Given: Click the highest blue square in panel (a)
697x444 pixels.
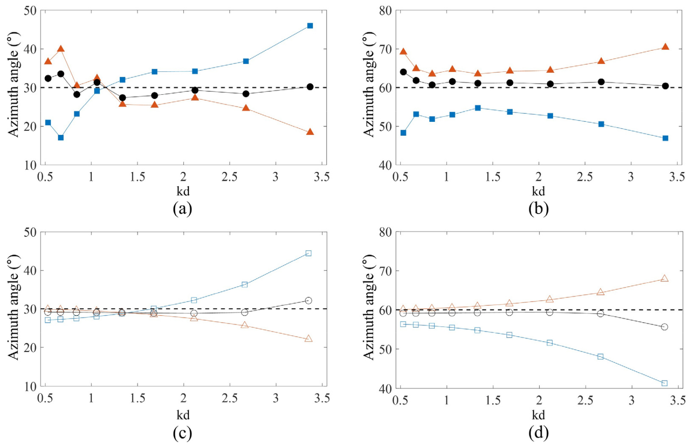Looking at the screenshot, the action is click(310, 26).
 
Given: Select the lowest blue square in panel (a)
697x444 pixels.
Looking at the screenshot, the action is click(61, 138).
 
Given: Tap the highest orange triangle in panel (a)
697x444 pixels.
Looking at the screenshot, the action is click(61, 49).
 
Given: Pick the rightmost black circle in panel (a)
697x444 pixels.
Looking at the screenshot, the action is click(310, 87).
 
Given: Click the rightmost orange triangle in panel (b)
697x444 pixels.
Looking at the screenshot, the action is click(665, 47).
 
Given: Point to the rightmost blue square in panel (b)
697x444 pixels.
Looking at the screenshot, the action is click(665, 138).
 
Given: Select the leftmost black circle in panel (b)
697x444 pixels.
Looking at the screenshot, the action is click(403, 72).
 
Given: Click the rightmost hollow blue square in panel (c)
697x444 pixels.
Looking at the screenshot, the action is click(308, 253).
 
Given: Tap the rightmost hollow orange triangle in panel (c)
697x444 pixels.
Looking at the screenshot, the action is click(308, 339).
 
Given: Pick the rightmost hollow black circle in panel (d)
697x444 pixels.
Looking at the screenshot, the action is click(664, 327).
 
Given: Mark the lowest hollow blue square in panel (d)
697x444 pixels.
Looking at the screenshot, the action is click(664, 383).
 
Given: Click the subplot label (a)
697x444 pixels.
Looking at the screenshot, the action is click(182, 208).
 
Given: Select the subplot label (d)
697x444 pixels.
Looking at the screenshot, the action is click(538, 432).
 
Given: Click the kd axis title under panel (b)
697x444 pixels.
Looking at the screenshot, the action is click(538, 191).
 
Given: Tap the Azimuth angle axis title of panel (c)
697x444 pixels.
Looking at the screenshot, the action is click(14, 309).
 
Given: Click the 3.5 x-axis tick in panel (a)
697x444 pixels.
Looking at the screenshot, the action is click(322, 177).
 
